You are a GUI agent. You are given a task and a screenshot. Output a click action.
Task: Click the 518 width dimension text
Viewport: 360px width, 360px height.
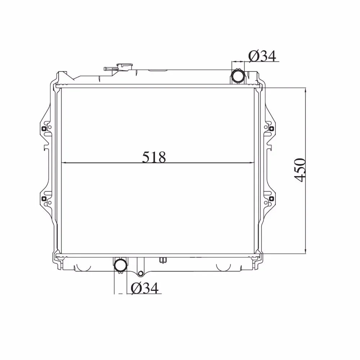[x=154, y=157]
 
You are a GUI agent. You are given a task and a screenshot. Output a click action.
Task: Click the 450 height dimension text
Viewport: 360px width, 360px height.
[x=300, y=170]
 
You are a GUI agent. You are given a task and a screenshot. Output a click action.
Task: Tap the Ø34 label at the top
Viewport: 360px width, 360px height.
[x=262, y=56]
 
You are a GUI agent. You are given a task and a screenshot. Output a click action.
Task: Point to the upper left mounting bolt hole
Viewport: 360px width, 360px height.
[x=44, y=128]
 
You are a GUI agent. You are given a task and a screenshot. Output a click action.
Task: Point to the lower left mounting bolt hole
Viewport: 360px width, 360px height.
[x=44, y=199]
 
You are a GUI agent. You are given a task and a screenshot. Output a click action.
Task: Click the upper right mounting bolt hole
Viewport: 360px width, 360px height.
[x=271, y=128]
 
